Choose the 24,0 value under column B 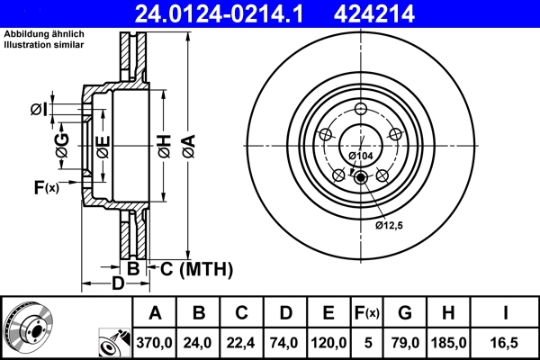pyautogui.click(x=199, y=342)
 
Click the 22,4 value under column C pyautogui.click(x=241, y=342)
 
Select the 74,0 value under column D pyautogui.click(x=284, y=342)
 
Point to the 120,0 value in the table pyautogui.click(x=328, y=342)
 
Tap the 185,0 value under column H pyautogui.click(x=447, y=342)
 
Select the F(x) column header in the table pyautogui.click(x=366, y=313)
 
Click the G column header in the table pyautogui.click(x=404, y=313)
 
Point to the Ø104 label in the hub pyautogui.click(x=361, y=156)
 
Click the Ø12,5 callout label pyautogui.click(x=389, y=224)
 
